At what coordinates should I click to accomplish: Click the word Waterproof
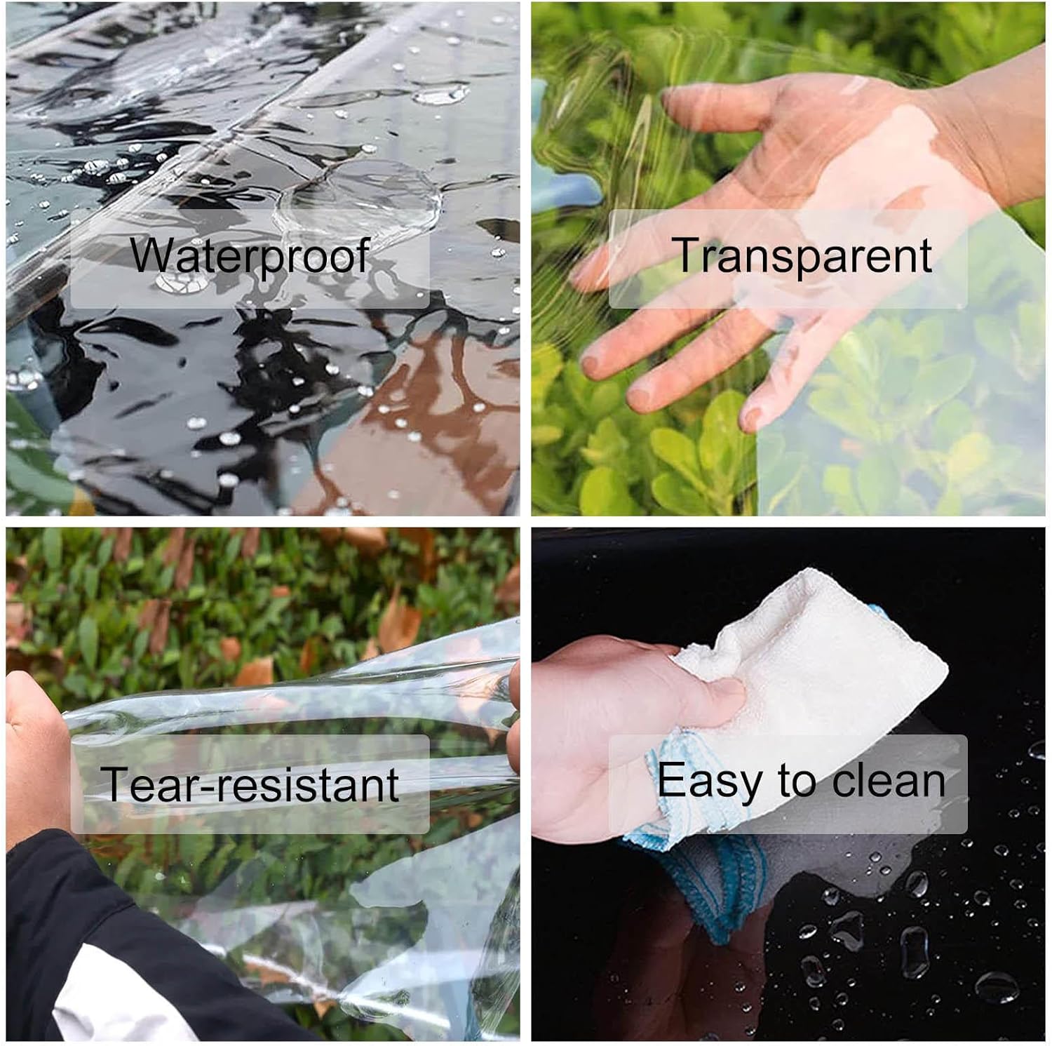click(x=250, y=257)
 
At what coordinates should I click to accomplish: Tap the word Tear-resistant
click(x=250, y=784)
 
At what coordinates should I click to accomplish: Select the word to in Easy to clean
click(x=797, y=780)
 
